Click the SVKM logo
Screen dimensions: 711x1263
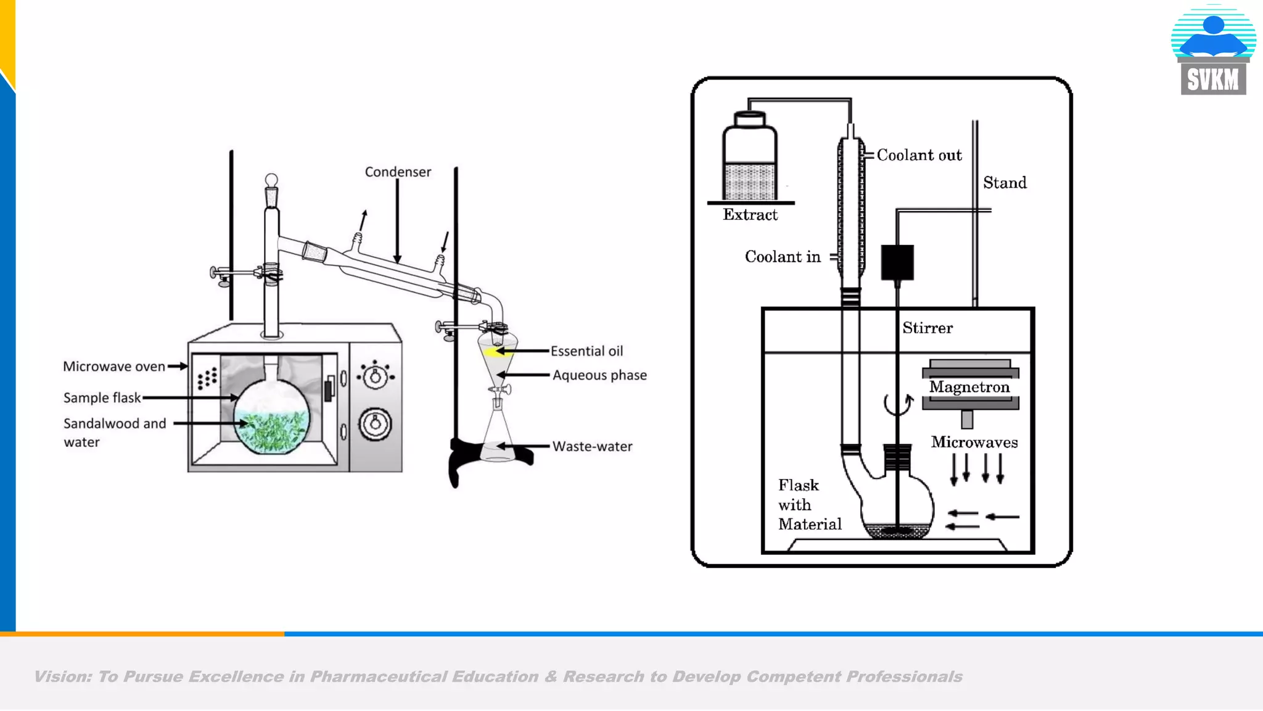(x=1213, y=51)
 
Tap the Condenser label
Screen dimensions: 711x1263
(x=398, y=172)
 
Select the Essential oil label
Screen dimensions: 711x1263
(x=586, y=351)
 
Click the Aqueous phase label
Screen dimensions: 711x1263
(x=599, y=375)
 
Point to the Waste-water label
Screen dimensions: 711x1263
(x=592, y=446)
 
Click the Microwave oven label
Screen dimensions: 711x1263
(x=114, y=367)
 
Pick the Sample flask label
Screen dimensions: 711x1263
(x=102, y=398)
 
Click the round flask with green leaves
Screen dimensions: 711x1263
(x=271, y=417)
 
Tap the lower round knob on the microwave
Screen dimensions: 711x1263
(x=375, y=424)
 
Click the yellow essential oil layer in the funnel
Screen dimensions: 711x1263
(x=492, y=352)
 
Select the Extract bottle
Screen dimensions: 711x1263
(x=749, y=157)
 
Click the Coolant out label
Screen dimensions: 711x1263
(x=919, y=156)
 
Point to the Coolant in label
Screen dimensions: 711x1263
(x=783, y=257)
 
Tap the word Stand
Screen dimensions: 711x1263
(x=1005, y=183)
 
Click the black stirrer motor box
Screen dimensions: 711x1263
(x=897, y=262)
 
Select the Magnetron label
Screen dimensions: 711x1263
(x=969, y=388)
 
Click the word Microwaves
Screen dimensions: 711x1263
(x=974, y=443)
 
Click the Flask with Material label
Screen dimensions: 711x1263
(x=808, y=505)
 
